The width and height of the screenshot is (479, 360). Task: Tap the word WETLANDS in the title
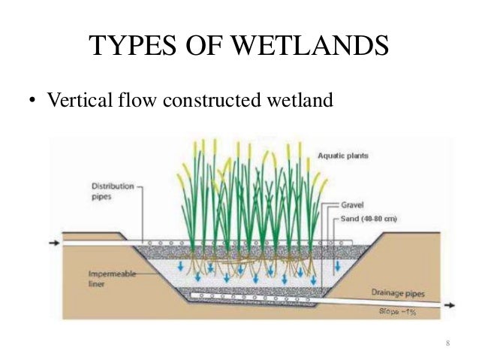tap(314, 46)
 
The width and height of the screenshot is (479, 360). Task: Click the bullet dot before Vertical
tap(33, 101)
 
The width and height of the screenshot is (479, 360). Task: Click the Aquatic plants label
tap(342, 156)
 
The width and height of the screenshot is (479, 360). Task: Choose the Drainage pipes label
tap(396, 293)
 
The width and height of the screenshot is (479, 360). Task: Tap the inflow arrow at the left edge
tap(52, 244)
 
